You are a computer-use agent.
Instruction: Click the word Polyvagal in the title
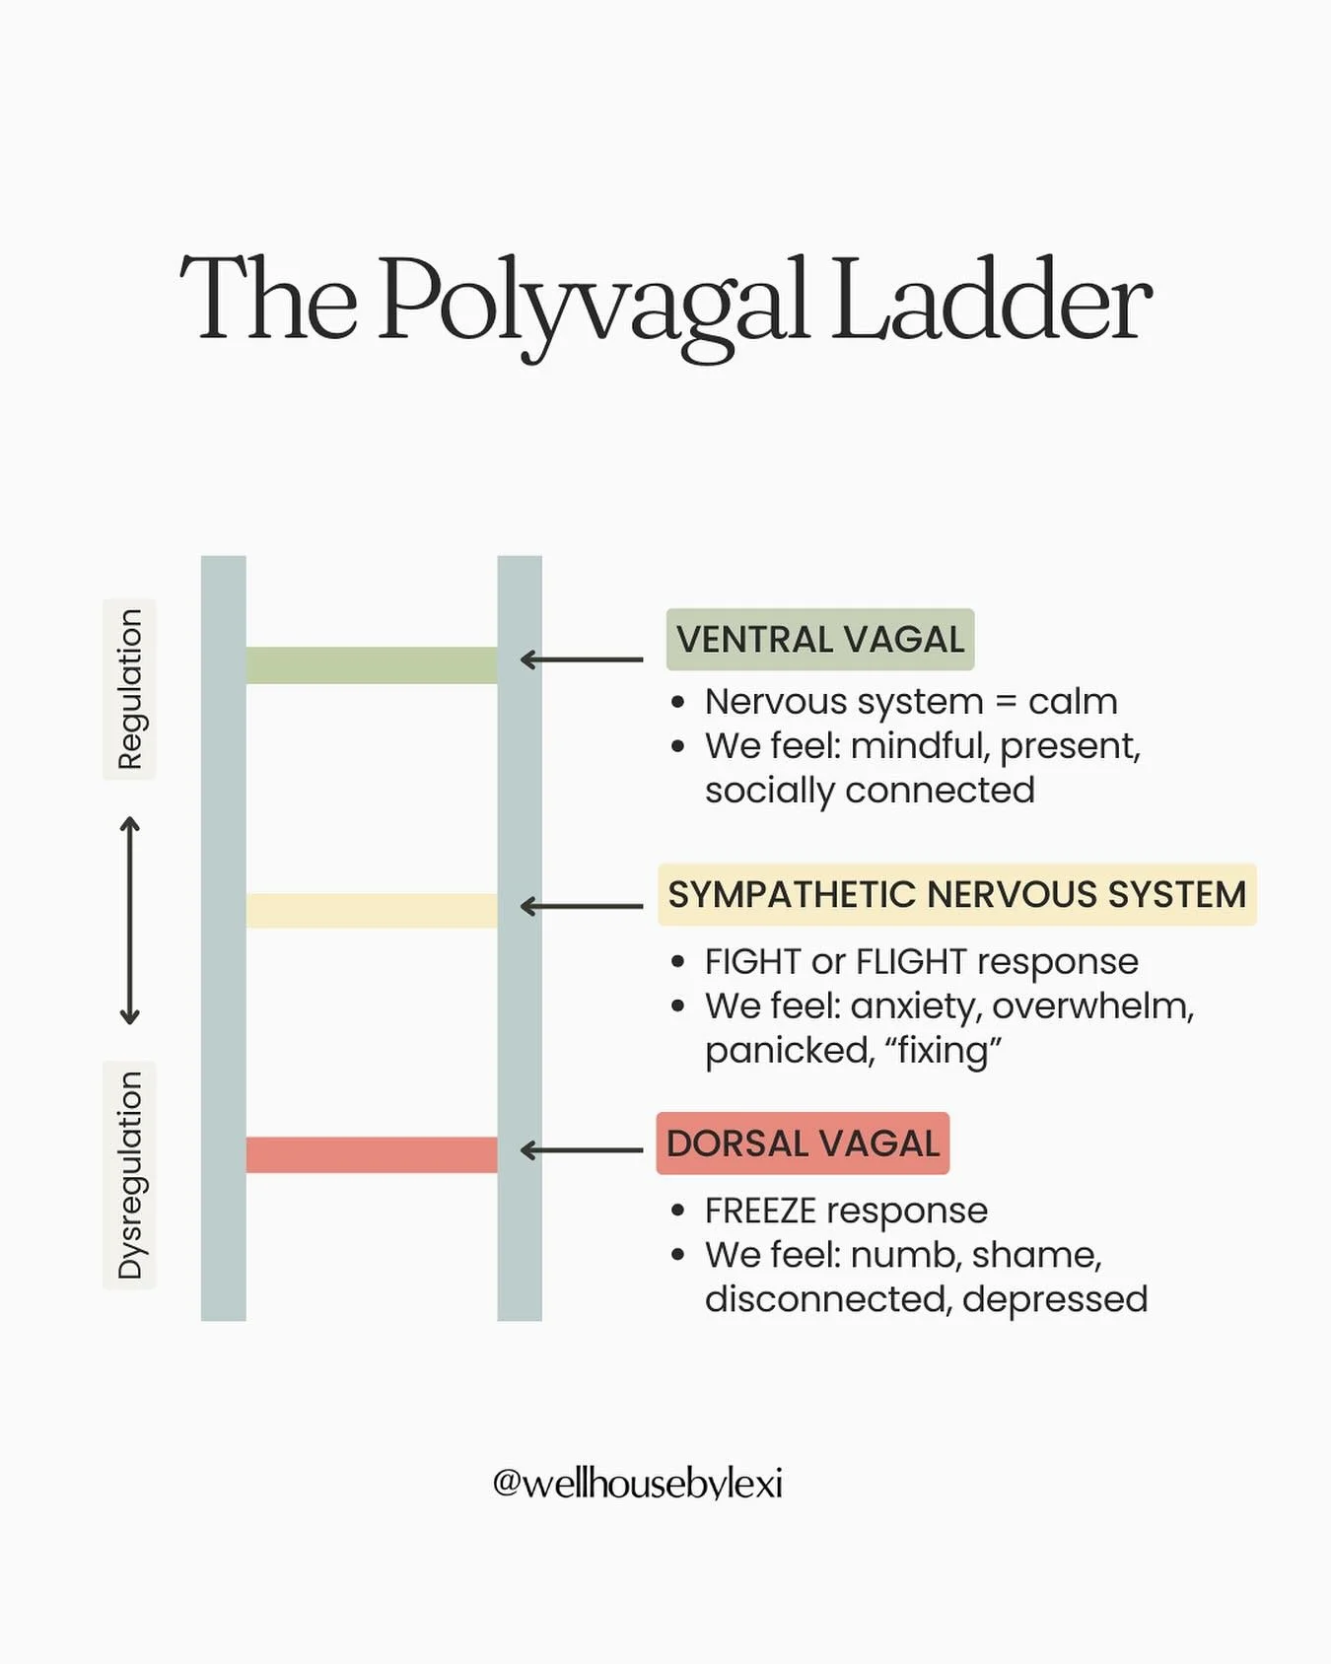click(592, 301)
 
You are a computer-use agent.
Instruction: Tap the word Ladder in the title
click(990, 301)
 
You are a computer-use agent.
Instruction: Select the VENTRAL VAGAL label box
click(819, 640)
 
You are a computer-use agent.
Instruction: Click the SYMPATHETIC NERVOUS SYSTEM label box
click(956, 895)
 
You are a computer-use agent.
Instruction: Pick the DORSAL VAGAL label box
click(803, 1144)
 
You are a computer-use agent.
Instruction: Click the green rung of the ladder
click(371, 665)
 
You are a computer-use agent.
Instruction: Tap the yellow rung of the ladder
click(371, 910)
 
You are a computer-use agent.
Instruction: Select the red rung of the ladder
click(371, 1154)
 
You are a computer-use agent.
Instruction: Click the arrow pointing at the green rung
click(582, 659)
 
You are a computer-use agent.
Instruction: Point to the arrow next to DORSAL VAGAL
click(582, 1150)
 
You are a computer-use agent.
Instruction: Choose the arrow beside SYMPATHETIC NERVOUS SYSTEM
click(582, 906)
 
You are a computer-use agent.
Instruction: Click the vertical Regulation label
click(129, 689)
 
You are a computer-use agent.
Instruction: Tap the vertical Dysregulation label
click(129, 1175)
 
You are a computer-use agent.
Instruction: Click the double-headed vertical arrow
click(129, 921)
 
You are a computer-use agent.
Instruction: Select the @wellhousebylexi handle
click(637, 1484)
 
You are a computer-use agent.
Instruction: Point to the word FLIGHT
click(911, 962)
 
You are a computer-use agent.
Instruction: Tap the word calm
click(1072, 702)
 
